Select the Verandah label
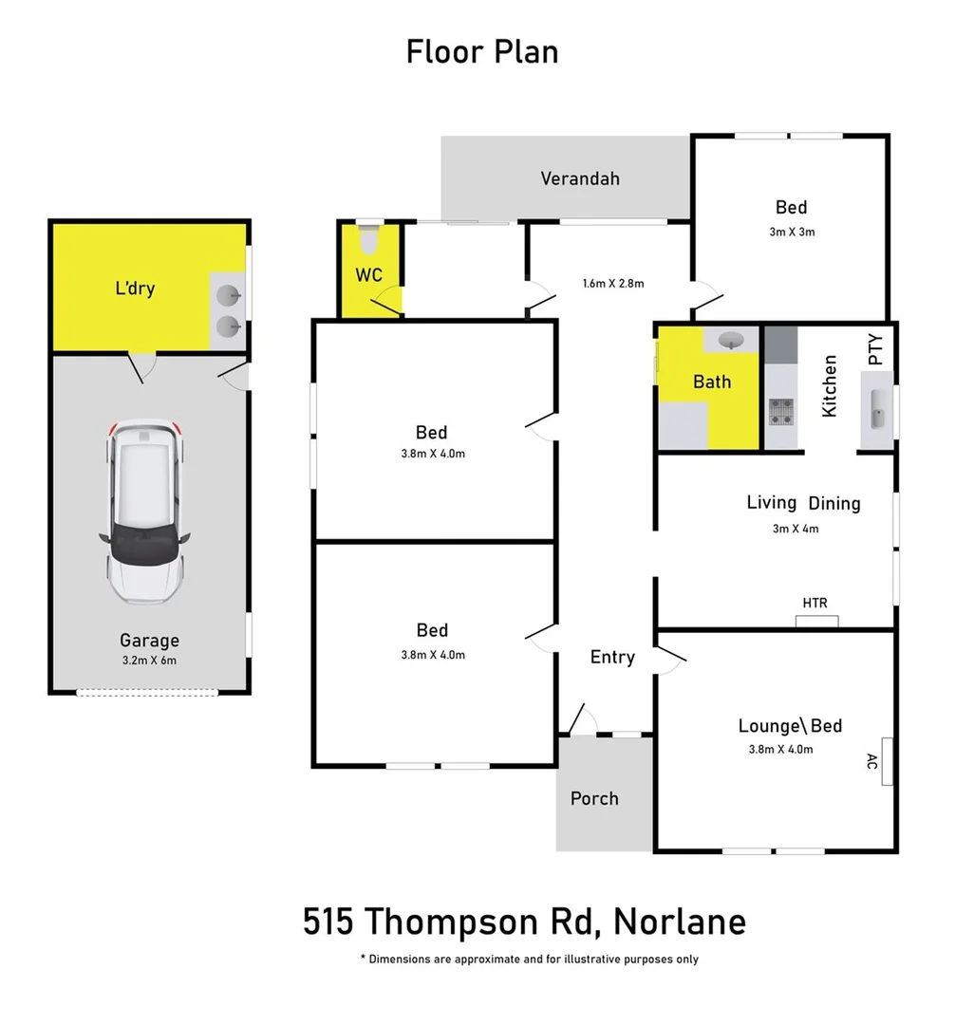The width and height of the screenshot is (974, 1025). click(580, 178)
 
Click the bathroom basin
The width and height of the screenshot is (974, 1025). click(731, 340)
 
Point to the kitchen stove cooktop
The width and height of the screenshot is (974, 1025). click(780, 411)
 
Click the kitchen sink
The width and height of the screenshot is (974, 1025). click(877, 410)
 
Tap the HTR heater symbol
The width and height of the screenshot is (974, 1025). click(817, 621)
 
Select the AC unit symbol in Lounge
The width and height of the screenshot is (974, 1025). click(887, 761)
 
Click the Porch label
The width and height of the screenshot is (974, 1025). click(594, 798)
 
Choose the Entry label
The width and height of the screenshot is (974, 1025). click(612, 657)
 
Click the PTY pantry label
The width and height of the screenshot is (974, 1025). click(875, 349)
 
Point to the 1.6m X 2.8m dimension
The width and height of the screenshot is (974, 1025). click(613, 283)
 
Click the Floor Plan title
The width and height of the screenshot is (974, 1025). click(482, 51)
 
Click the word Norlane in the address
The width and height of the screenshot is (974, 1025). click(680, 922)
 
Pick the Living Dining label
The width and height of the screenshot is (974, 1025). click(803, 503)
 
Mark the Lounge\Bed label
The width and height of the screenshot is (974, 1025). click(790, 726)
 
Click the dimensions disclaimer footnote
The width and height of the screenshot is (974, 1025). click(530, 960)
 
